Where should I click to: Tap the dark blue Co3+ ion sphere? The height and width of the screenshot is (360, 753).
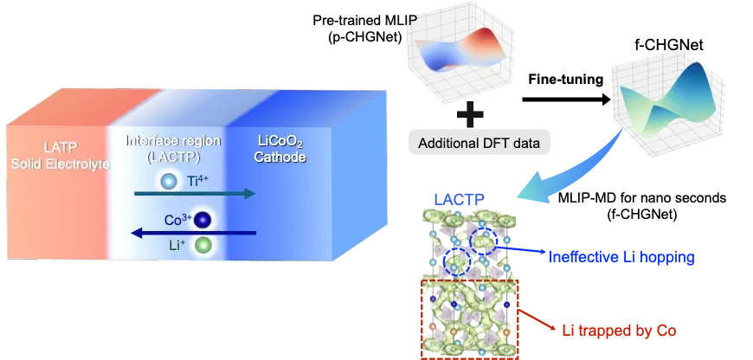[203, 220]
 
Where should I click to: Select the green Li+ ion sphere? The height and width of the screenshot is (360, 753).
[203, 246]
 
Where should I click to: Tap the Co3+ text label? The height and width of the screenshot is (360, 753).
[177, 220]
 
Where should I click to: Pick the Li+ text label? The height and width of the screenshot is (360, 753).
[177, 246]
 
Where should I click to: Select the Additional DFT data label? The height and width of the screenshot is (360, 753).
[479, 142]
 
